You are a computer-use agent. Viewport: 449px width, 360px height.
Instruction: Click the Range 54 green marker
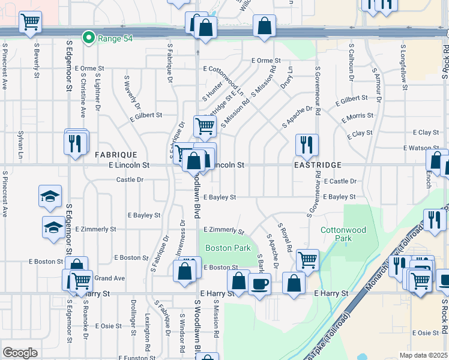89,38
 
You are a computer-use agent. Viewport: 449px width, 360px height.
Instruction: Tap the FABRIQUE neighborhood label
116,155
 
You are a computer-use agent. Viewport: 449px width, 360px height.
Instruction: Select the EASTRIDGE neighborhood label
318,164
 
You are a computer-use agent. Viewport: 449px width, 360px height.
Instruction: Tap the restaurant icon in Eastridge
306,145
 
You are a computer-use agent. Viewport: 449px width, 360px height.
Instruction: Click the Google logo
19,353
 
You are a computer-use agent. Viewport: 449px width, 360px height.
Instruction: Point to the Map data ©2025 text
423,355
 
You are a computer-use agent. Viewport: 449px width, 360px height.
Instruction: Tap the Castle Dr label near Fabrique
130,179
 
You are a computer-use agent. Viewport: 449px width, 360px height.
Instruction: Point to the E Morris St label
357,116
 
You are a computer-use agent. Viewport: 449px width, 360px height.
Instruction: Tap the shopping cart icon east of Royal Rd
307,259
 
